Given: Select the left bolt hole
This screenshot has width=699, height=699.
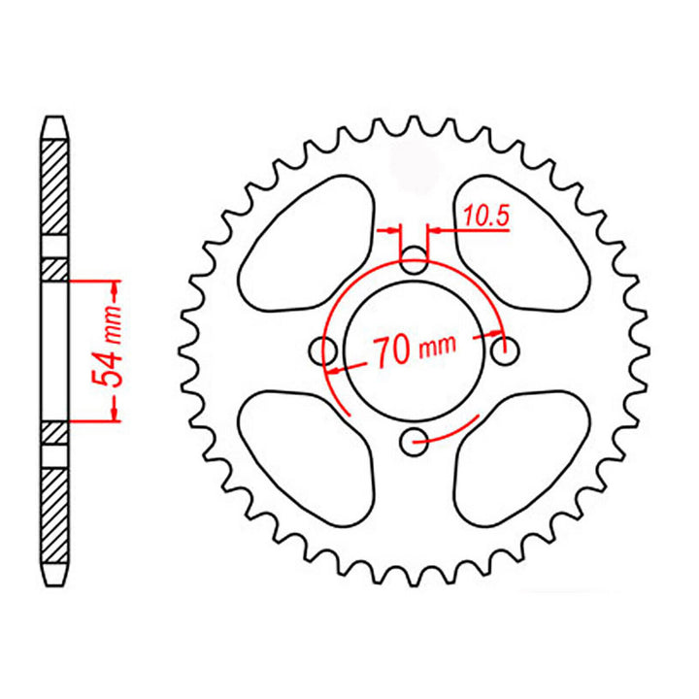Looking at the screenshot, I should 323,349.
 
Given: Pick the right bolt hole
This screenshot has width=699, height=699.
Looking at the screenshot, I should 503,349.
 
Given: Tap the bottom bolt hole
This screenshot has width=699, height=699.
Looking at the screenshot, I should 415,439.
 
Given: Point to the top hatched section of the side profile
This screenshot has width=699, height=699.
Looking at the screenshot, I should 54,184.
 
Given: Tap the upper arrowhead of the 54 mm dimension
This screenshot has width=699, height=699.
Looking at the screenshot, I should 115,288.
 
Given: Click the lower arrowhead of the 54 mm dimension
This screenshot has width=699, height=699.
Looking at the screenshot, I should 115,413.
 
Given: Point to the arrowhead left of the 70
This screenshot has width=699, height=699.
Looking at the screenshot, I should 336,370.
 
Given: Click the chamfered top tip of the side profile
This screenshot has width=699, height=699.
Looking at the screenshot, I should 54,124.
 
